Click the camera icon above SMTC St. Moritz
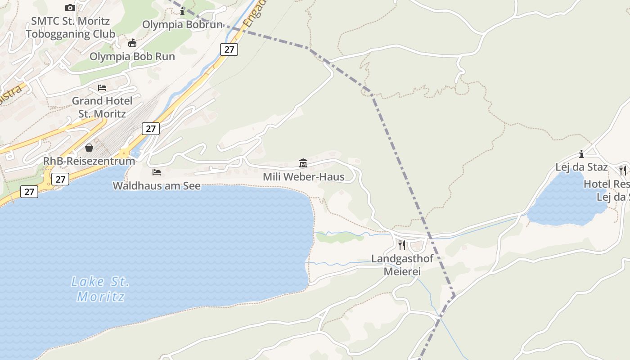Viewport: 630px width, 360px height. tap(70, 8)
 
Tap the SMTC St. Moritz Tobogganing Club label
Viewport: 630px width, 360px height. tap(70, 27)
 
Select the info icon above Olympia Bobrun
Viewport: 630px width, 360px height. tap(182, 12)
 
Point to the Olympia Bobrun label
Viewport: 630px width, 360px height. tap(182, 25)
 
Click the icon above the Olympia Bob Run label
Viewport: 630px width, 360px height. tap(132, 43)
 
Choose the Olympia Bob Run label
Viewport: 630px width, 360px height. tap(132, 57)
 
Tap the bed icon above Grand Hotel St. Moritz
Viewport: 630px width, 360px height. tap(102, 88)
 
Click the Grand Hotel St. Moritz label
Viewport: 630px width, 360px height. tap(102, 107)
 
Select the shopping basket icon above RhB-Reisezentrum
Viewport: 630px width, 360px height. tap(89, 148)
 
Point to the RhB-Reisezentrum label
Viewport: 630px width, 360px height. tap(89, 161)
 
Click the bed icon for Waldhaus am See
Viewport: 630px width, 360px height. tap(157, 172)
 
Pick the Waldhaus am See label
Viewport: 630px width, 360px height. tap(157, 185)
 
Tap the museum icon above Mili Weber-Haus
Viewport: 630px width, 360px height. tap(303, 163)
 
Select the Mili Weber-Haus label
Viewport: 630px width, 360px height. tap(303, 177)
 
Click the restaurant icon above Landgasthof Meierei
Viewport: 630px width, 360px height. tap(402, 245)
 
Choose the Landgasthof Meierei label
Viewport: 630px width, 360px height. tap(402, 265)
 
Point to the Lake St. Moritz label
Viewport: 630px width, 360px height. tap(100, 289)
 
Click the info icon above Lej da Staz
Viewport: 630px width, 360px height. tap(581, 154)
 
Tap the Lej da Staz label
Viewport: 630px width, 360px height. tap(581, 167)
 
